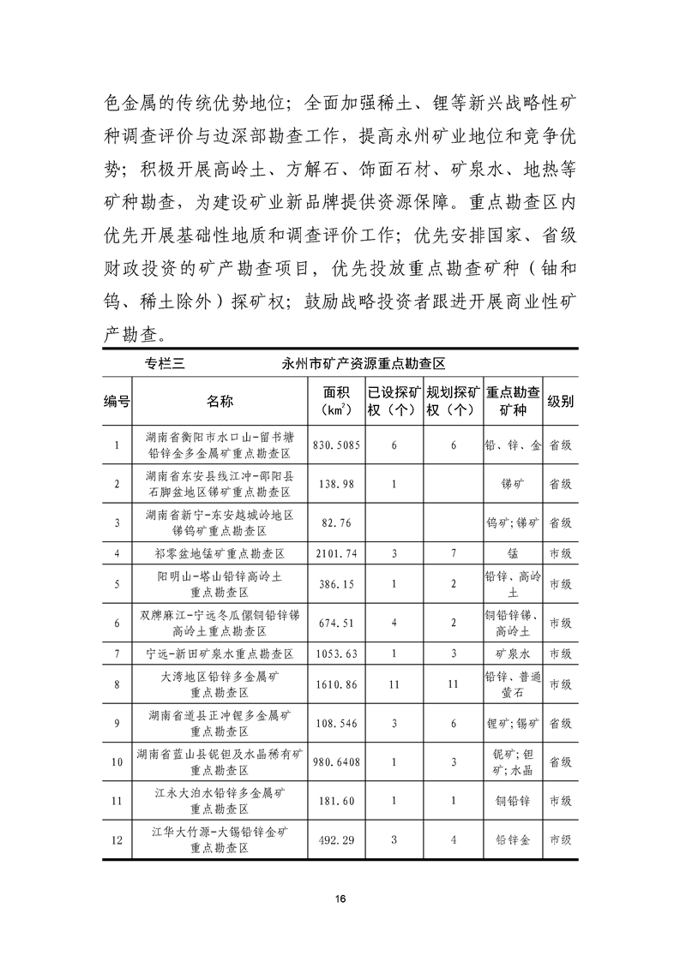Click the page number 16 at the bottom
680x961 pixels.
point(340,898)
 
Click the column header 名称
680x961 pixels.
point(220,401)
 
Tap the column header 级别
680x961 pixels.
point(561,401)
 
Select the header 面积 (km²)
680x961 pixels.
point(334,401)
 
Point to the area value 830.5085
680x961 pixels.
point(335,446)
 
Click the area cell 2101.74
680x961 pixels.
point(334,554)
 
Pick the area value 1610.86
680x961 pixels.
point(334,685)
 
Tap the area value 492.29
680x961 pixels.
point(334,840)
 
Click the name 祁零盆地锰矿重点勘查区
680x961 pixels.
point(220,554)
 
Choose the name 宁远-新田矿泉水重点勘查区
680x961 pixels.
point(220,654)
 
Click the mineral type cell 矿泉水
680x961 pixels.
point(513,654)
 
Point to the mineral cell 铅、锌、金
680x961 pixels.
point(513,446)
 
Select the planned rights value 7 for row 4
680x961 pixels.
point(453,554)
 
